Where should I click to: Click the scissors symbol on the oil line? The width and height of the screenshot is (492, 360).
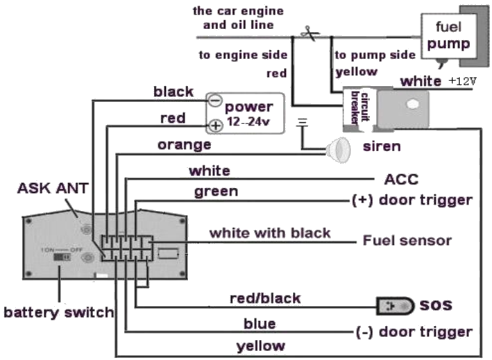[x=309, y=33]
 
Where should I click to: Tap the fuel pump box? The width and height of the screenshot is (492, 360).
[x=448, y=36]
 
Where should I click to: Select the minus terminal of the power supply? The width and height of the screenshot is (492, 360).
[x=215, y=101]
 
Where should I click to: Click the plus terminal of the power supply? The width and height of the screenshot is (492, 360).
[x=216, y=126]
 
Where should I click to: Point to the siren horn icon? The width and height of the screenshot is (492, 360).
[x=338, y=151]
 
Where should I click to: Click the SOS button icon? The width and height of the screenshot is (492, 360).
[x=396, y=306]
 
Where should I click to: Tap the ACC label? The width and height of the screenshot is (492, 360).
[x=401, y=180]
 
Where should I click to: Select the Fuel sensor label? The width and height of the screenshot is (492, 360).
[x=407, y=241]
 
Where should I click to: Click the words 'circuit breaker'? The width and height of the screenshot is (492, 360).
[x=359, y=108]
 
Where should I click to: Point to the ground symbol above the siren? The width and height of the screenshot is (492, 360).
[x=302, y=122]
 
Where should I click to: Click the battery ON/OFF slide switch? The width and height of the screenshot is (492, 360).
[x=62, y=257]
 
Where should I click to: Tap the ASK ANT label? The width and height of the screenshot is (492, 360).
[x=53, y=188]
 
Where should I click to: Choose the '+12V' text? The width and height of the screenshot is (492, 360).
[x=462, y=81]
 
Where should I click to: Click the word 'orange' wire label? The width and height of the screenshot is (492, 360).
[x=185, y=145]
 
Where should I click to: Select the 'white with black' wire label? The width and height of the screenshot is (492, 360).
[x=270, y=233]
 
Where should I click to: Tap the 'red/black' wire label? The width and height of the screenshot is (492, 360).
[x=266, y=298]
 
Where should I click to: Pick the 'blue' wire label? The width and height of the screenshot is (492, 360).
[x=260, y=324]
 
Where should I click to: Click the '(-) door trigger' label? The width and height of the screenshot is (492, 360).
[x=414, y=332]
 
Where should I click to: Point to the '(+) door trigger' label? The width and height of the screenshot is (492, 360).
[x=412, y=200]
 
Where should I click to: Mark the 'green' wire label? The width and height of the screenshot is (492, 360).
[x=217, y=191]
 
